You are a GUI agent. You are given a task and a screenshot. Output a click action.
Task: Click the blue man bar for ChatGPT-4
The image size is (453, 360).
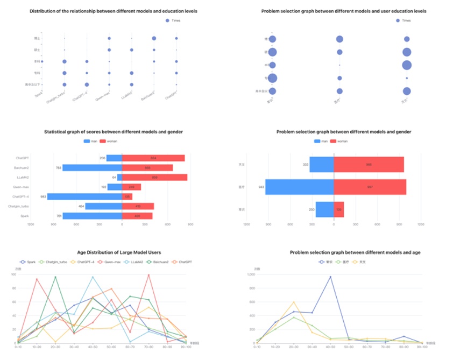click(x=84, y=196)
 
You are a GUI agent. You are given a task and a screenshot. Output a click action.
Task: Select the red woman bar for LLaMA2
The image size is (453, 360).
click(x=154, y=177)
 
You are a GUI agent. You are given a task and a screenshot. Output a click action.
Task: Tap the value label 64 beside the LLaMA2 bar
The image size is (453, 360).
click(x=114, y=177)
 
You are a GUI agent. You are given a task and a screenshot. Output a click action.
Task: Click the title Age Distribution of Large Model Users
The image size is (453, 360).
click(x=119, y=252)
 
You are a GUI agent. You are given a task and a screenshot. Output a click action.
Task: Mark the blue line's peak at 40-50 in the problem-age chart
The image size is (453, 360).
click(x=330, y=277)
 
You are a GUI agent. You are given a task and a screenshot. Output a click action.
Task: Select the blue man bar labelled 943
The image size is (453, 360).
click(x=300, y=187)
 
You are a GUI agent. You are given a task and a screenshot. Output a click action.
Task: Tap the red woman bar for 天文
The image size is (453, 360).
click(x=369, y=164)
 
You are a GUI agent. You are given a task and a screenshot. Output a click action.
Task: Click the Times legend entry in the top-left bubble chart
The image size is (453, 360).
click(x=173, y=20)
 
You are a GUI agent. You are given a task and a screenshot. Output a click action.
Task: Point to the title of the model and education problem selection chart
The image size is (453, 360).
click(x=343, y=11)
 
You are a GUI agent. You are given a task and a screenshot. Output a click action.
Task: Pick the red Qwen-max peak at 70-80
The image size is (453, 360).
click(x=148, y=275)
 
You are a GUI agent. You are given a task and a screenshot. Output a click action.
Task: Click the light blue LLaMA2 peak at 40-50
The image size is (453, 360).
click(x=93, y=277)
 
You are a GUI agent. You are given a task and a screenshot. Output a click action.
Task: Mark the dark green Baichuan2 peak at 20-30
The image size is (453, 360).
click(x=55, y=277)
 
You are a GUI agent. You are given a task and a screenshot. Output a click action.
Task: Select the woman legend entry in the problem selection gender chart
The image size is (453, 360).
click(x=339, y=141)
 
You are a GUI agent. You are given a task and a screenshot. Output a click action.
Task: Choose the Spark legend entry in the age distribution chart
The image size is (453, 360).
click(x=29, y=262)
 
